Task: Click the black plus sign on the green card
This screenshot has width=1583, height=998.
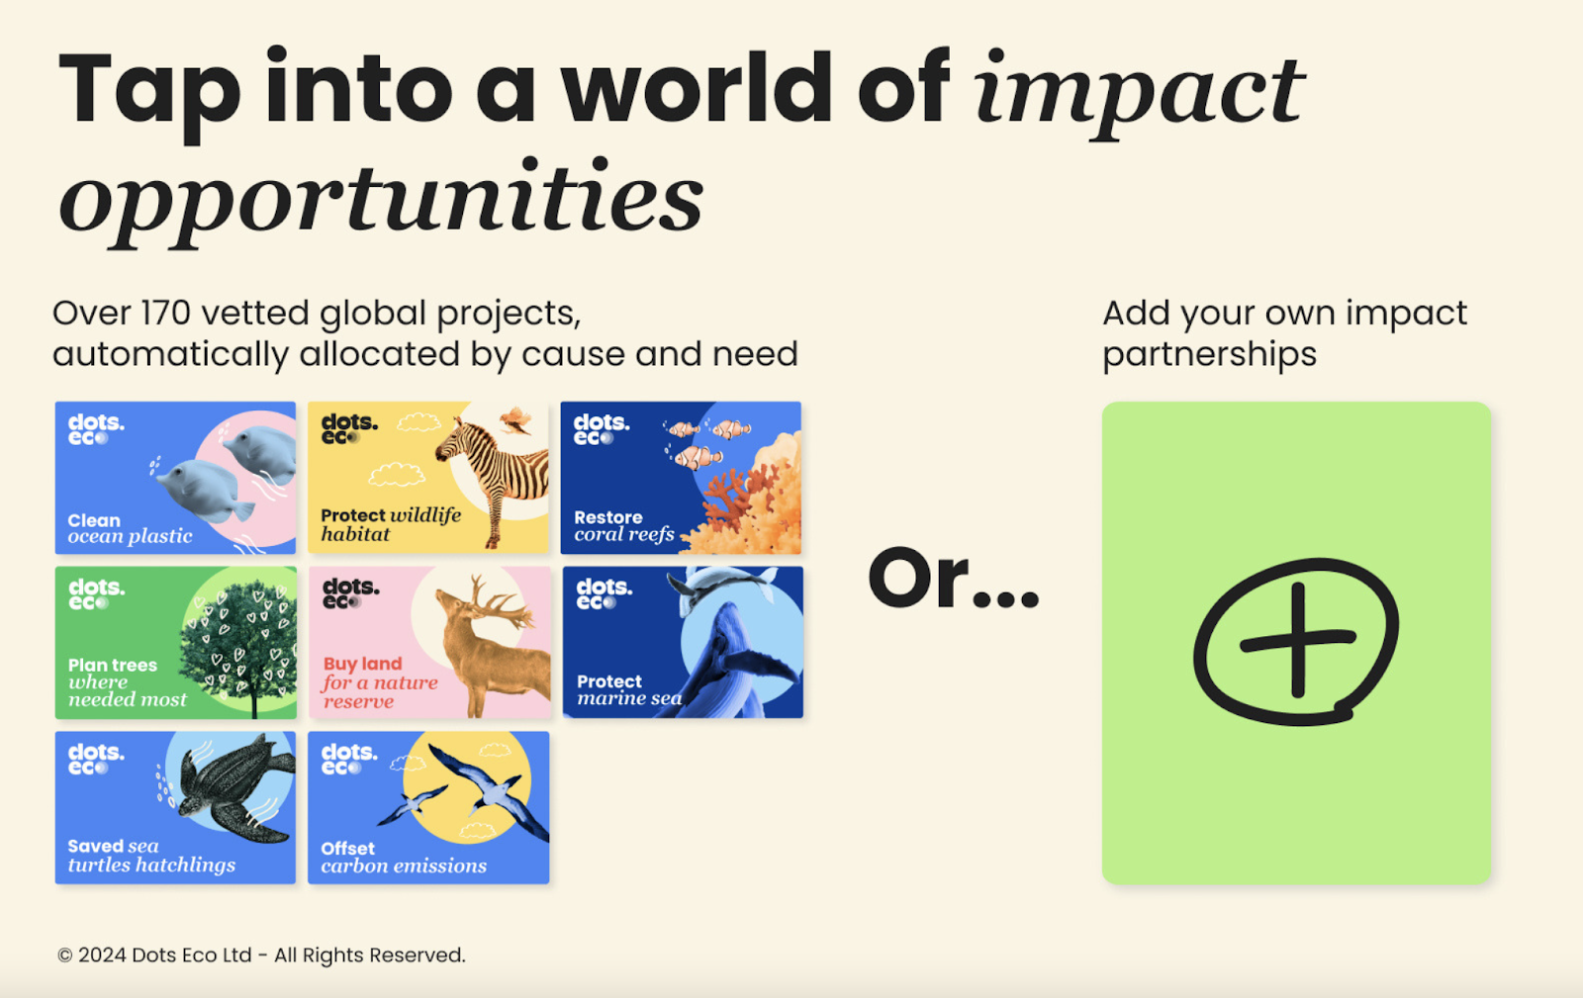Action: point(1297,640)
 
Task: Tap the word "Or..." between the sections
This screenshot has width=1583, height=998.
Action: point(954,578)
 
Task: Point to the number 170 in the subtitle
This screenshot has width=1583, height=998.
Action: point(165,313)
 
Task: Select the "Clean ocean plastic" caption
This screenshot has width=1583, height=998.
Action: point(130,529)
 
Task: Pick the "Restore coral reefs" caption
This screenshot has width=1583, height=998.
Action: point(624,526)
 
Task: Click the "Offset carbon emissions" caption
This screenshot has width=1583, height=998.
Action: point(404,858)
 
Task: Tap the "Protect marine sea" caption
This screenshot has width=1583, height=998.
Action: point(629,690)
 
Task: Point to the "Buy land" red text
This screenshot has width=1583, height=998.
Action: point(362,664)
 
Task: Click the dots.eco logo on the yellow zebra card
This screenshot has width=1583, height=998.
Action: point(350,428)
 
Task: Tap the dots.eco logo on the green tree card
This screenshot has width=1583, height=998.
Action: point(97,593)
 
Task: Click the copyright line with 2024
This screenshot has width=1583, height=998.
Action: point(261,954)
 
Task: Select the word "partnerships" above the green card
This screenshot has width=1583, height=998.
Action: point(1209,355)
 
